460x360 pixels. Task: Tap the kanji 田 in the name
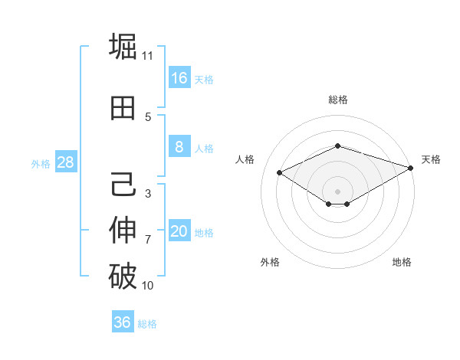coord(123,110)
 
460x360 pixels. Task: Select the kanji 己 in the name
coord(123,185)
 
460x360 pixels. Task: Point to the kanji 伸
coord(123,230)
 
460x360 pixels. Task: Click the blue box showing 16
coord(179,78)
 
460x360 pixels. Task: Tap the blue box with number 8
coord(179,147)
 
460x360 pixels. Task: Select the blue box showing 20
coord(179,231)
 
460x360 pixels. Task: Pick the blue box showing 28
coord(64,162)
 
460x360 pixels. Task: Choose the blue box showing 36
coord(123,322)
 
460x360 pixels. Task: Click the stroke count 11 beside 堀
coord(148,55)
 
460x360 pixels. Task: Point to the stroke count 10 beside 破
coord(148,286)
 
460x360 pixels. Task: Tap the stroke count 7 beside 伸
coord(148,240)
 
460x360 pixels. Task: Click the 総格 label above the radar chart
coord(338,100)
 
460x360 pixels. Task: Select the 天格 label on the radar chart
coord(431,159)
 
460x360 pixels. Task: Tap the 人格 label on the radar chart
coord(245,159)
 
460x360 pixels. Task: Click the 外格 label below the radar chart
coord(270,262)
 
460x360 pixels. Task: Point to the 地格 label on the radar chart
coord(402,262)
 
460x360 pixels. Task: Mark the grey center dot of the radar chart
coord(337,190)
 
